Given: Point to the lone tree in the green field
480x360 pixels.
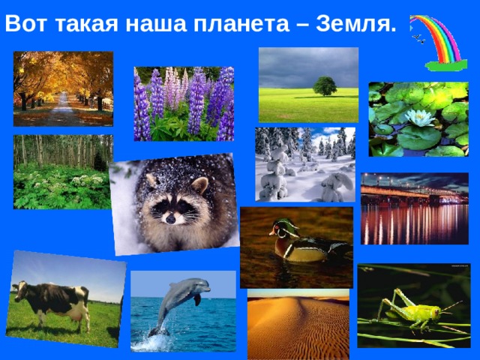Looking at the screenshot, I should click(x=325, y=85).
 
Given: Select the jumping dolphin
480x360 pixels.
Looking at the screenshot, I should click(x=178, y=296).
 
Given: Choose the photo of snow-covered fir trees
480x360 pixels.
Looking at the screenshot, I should click(x=304, y=164).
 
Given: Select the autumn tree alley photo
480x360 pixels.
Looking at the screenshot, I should click(x=63, y=88).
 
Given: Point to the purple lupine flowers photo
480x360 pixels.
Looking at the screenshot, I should click(x=184, y=103).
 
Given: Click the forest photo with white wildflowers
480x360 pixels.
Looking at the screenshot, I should click(x=61, y=172).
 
